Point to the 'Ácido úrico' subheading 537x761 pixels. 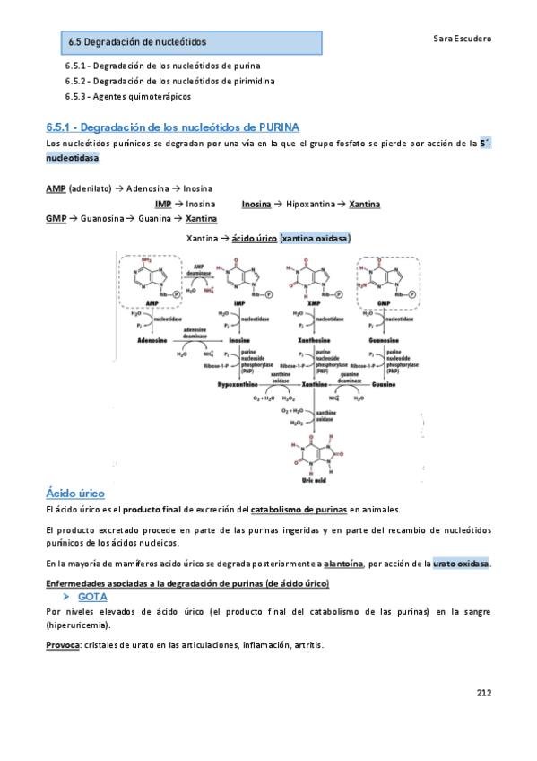[x=75, y=494]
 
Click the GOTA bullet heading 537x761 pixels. [x=93, y=596]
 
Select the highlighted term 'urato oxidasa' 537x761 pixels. [x=461, y=564]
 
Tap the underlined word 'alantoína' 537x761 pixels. [x=343, y=564]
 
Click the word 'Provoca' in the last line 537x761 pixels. [x=62, y=645]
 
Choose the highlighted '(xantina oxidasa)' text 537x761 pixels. [x=315, y=239]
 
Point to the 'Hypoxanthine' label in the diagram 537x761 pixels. [x=238, y=383]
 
